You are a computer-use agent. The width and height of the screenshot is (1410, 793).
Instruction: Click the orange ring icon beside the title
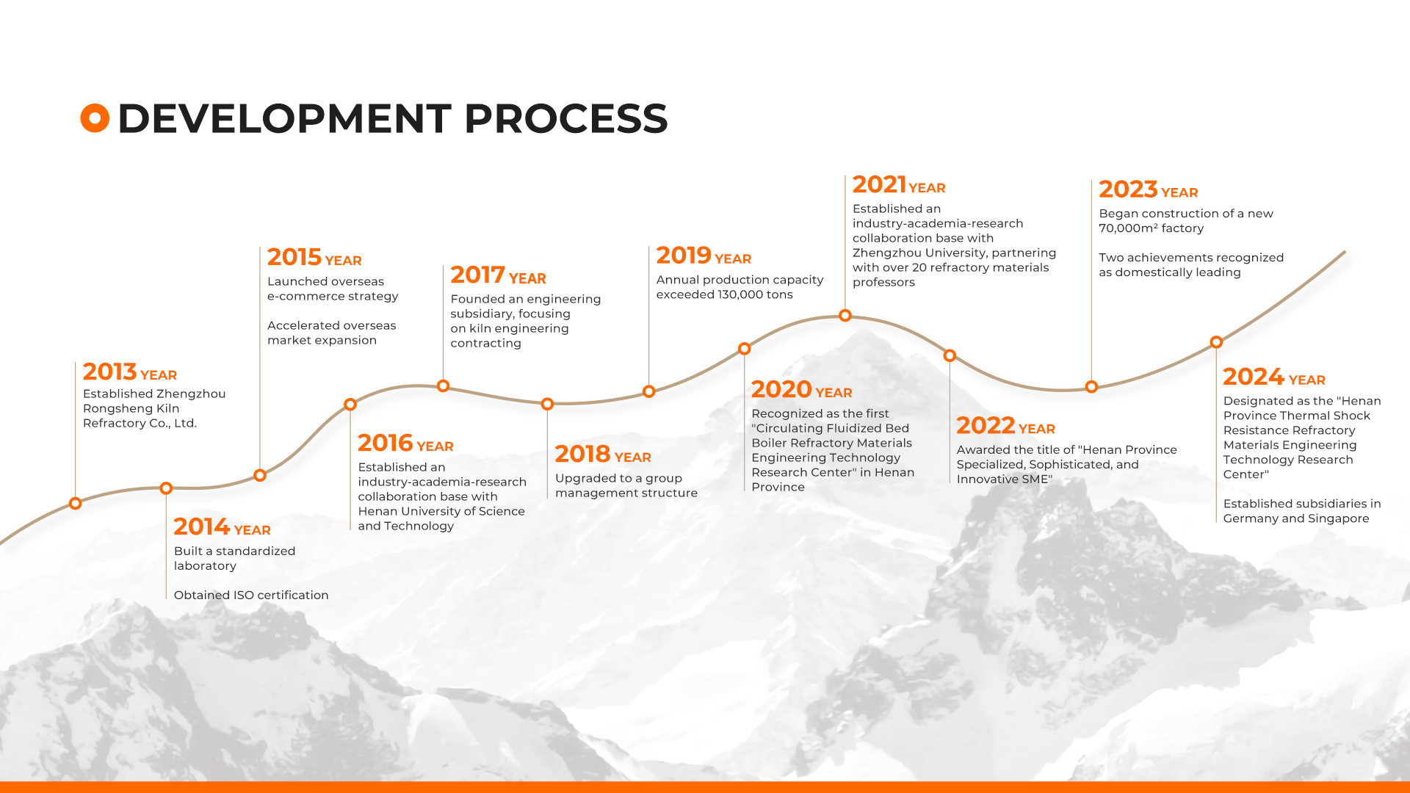pos(95,118)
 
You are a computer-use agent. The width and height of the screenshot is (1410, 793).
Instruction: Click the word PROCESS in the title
pos(565,118)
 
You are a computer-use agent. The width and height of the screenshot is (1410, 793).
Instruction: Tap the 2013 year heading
pos(130,372)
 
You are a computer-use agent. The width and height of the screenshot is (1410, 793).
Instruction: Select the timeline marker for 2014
pos(166,488)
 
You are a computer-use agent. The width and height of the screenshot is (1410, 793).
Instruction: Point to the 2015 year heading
pos(314,258)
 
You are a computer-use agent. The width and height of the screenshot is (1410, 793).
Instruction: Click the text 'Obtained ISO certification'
pos(251,595)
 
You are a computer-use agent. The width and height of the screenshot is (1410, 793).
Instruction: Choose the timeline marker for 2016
pos(350,405)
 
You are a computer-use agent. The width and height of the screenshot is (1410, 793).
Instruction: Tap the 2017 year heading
pos(498,275)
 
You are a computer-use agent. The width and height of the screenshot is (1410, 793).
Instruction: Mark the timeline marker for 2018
pos(547,404)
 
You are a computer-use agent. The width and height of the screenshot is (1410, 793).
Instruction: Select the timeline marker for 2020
pos(745,349)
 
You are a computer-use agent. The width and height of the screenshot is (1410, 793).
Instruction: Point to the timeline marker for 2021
pos(845,316)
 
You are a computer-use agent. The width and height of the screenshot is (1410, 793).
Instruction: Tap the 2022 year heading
pos(1005,426)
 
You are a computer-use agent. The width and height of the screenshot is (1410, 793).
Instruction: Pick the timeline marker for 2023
pos(1092,387)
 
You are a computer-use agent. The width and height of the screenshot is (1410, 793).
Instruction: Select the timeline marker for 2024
pos(1217,342)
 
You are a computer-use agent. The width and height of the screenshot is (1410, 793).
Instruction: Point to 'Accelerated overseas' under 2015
pos(331,325)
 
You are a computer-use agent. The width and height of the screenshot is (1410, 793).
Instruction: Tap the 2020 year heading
pos(801,390)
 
